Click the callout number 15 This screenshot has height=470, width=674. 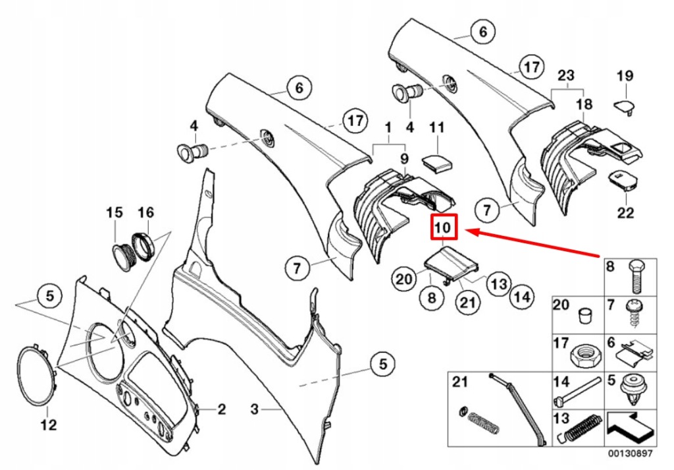[x=115, y=212]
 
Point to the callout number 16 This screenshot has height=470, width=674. [x=145, y=212]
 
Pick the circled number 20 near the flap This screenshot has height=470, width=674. [x=403, y=279]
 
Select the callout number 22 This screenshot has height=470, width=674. [x=625, y=212]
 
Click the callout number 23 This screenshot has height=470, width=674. [x=566, y=75]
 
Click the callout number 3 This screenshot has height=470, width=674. [x=255, y=409]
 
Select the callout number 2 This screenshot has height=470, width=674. [x=222, y=409]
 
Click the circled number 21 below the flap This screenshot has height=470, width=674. [x=466, y=303]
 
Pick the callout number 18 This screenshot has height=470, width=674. [x=584, y=104]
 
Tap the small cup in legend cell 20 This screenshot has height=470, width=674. [x=582, y=316]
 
